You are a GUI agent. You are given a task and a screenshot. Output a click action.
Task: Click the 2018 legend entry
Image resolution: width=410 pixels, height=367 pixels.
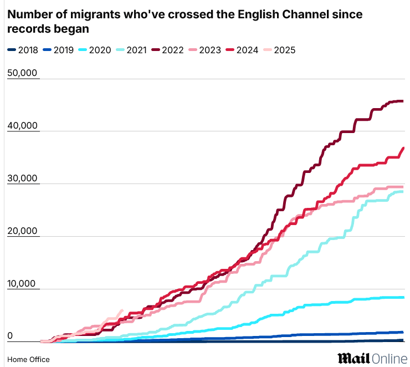(x=23, y=50)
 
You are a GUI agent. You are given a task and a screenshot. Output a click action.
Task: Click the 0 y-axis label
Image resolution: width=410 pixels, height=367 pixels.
(x=10, y=336)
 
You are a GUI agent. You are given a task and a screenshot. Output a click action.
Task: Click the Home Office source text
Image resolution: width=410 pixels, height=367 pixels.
(x=28, y=359)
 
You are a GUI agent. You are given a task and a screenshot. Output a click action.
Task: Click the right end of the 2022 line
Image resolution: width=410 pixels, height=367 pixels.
(x=402, y=101)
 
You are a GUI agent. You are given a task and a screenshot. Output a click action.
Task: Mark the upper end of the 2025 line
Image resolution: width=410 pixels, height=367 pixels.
(x=122, y=310)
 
